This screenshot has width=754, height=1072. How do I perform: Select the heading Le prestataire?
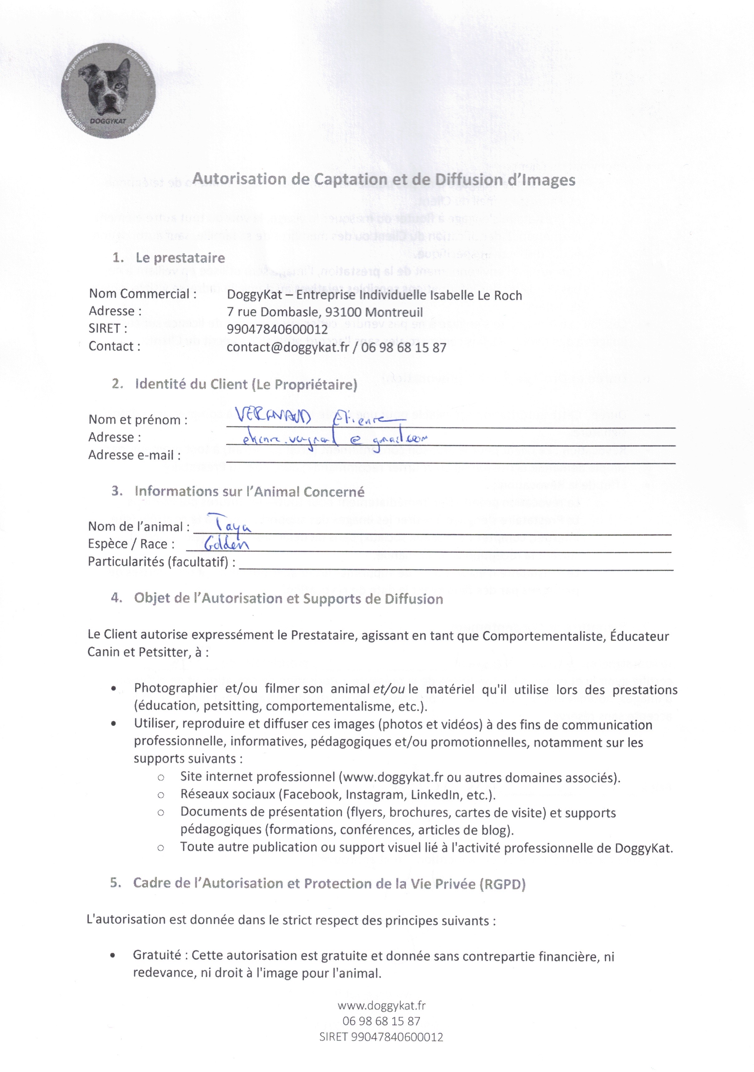coord(180,258)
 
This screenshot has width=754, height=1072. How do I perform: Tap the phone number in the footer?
coord(381,1021)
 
